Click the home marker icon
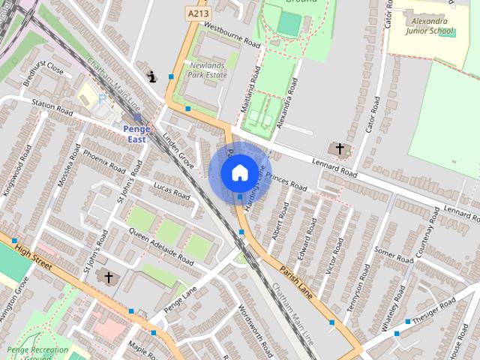click(x=239, y=172)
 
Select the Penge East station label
click(x=136, y=133)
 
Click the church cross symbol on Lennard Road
click(x=340, y=149)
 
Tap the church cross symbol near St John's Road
click(x=108, y=278)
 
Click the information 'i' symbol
click(x=153, y=76)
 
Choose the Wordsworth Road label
click(x=254, y=331)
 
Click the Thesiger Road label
click(x=433, y=310)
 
